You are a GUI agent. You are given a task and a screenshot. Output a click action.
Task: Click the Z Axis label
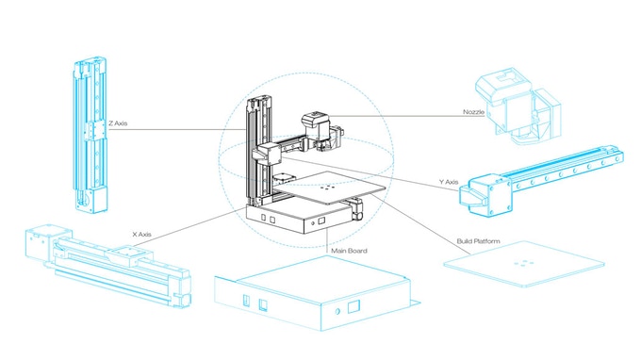tap(118, 123)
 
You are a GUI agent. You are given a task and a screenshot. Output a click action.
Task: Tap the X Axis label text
tap(141, 234)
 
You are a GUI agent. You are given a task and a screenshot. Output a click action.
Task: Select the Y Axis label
tap(449, 182)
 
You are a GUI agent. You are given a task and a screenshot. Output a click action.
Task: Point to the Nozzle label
tap(473, 112)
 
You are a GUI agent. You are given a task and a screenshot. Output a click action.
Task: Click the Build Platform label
tap(478, 241)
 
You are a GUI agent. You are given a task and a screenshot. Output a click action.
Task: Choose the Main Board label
tap(349, 251)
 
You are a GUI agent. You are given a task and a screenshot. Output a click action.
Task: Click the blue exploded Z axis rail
tap(90, 135)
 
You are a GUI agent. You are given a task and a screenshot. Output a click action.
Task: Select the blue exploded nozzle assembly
tap(518, 106)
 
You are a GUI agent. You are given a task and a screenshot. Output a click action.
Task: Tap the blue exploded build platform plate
tap(524, 264)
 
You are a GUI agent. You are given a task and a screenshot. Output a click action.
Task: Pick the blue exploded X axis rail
tap(107, 266)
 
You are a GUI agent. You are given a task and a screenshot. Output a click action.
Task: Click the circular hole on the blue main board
tap(337, 312)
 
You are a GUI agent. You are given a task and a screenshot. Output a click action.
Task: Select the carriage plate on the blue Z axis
tap(95, 131)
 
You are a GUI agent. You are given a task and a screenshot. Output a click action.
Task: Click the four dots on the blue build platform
tap(523, 264)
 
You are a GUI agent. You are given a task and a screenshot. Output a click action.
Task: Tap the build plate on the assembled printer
tap(332, 188)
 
